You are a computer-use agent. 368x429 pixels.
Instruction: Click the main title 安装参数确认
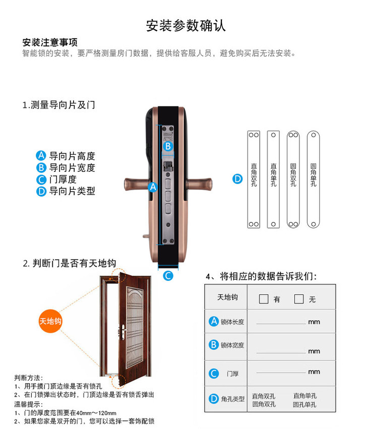(186, 26)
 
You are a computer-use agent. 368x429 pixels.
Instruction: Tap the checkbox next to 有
(264, 299)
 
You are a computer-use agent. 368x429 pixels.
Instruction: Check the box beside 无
(299, 299)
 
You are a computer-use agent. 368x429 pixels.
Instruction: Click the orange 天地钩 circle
(50, 321)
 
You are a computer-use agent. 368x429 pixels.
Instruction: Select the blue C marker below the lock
(168, 276)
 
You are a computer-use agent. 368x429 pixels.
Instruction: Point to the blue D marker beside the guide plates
(237, 179)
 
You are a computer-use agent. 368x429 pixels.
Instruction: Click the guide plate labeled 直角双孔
(254, 179)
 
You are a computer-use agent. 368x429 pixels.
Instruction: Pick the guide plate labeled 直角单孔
(273, 179)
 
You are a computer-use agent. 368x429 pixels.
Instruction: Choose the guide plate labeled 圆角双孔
(293, 179)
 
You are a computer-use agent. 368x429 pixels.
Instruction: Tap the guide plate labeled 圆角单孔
(313, 179)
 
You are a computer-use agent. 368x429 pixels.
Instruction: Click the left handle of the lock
(136, 184)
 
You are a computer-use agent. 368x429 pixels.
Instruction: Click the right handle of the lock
(199, 184)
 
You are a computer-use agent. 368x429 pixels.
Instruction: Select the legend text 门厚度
(63, 179)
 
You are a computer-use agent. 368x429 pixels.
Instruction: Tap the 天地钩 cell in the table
(227, 297)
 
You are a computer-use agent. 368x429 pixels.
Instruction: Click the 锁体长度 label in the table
(232, 322)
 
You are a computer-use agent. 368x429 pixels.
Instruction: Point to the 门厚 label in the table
(232, 374)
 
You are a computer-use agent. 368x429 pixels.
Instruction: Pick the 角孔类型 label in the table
(232, 399)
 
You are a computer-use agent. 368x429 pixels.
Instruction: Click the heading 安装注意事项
(50, 42)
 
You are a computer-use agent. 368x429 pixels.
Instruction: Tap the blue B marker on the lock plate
(168, 146)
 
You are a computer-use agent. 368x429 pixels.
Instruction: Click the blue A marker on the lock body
(153, 187)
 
